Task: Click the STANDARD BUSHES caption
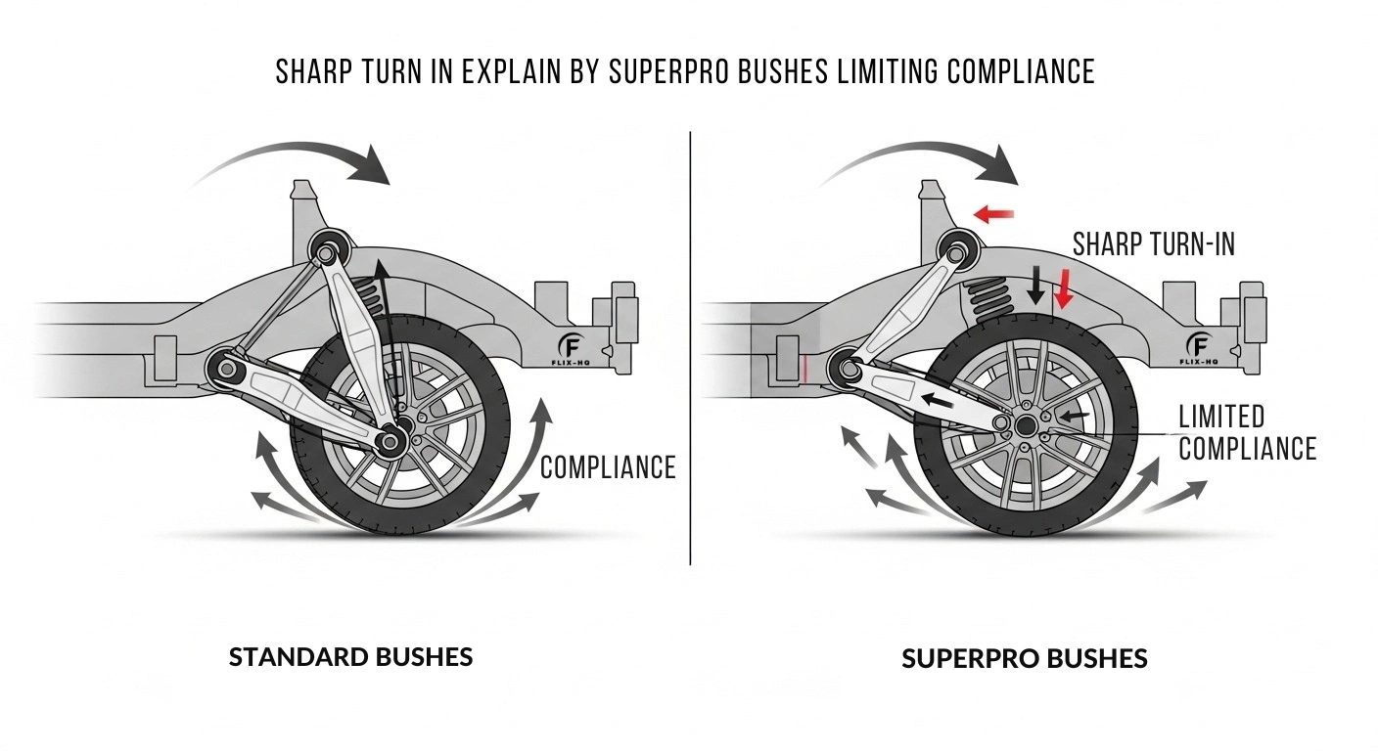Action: click(x=350, y=656)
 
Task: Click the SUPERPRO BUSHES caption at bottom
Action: click(x=1024, y=658)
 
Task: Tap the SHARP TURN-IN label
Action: click(x=1154, y=243)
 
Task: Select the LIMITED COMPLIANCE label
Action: click(x=1246, y=432)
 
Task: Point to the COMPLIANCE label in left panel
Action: click(x=608, y=467)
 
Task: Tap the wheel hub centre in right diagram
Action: click(x=1026, y=425)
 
